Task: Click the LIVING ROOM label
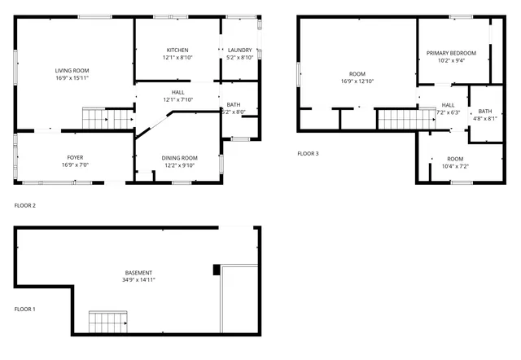pyautogui.click(x=72, y=71)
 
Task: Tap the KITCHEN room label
pyautogui.click(x=177, y=49)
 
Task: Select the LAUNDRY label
pyautogui.click(x=239, y=49)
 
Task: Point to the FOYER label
pyautogui.click(x=74, y=157)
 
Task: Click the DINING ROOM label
pyautogui.click(x=179, y=157)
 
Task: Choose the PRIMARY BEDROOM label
pyautogui.click(x=451, y=53)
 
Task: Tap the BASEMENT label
pyautogui.click(x=139, y=272)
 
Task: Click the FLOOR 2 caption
pyautogui.click(x=24, y=205)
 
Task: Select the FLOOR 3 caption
pyautogui.click(x=308, y=153)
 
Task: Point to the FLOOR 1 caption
pyautogui.click(x=24, y=310)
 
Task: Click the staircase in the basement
pyautogui.click(x=107, y=323)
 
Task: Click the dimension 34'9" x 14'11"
pyautogui.click(x=139, y=280)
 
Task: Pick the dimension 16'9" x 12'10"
pyautogui.click(x=357, y=81)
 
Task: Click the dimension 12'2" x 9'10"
pyautogui.click(x=179, y=165)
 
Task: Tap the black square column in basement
pyautogui.click(x=216, y=270)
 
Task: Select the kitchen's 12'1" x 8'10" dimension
pyautogui.click(x=177, y=57)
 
